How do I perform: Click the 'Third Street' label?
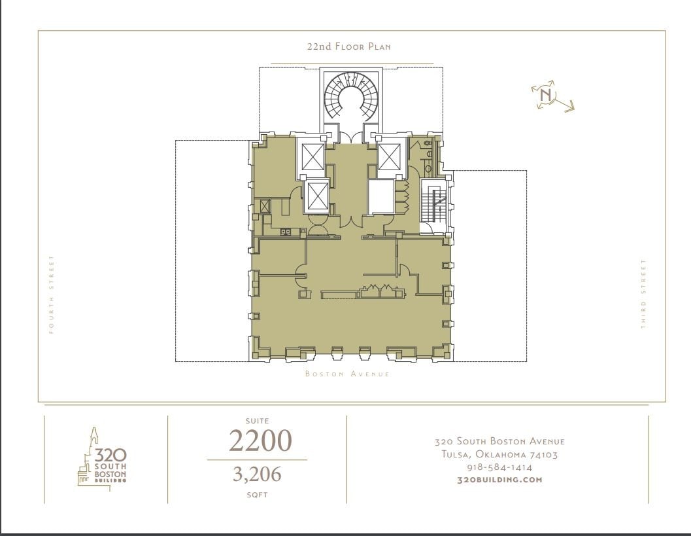pos(643,294)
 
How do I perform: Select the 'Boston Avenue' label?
pos(347,374)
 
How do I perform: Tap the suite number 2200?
pos(260,441)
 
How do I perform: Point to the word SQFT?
pos(257,495)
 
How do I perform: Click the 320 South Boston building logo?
pos(102,459)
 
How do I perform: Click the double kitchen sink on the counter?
pos(286,231)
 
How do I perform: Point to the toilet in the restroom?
pos(428,141)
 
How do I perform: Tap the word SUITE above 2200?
pos(257,421)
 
